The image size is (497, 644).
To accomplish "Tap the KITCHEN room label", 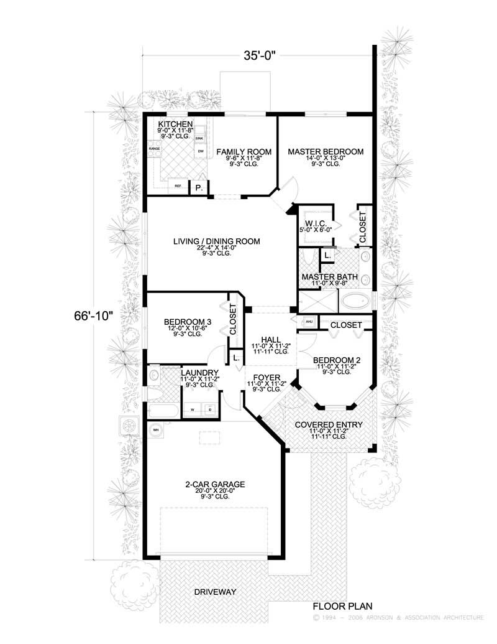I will tap(175, 124).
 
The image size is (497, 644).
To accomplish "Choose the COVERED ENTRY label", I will tap(329, 425).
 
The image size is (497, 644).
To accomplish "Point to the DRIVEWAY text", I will tap(215, 591).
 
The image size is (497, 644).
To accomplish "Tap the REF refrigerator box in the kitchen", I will tap(178, 185).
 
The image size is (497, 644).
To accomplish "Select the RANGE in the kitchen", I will tap(154, 149).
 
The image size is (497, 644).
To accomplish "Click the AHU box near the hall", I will tap(308, 322).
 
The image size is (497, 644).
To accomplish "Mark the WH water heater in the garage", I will tap(156, 429).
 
